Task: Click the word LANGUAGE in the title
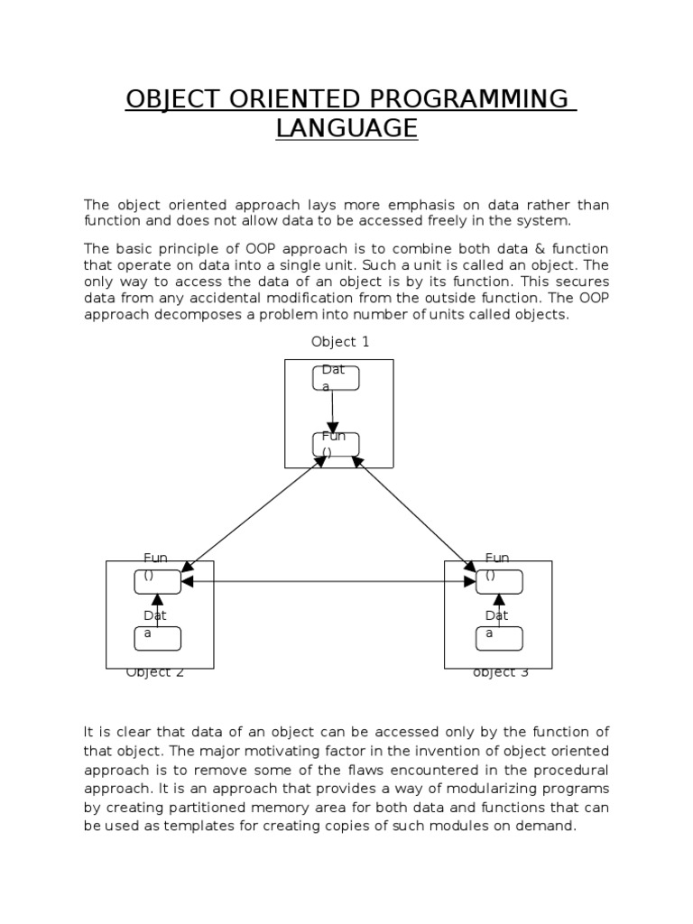[x=346, y=128]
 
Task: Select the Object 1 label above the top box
[x=340, y=341]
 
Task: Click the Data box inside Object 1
[x=337, y=379]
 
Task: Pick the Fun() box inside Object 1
[x=336, y=445]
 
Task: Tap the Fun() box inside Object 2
[x=157, y=582]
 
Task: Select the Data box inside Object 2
[x=157, y=638]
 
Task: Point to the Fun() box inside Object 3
[x=499, y=582]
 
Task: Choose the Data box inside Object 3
[x=499, y=638]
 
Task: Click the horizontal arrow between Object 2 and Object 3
[x=328, y=582]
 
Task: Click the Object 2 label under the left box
[x=155, y=672]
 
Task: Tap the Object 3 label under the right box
[x=501, y=672]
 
